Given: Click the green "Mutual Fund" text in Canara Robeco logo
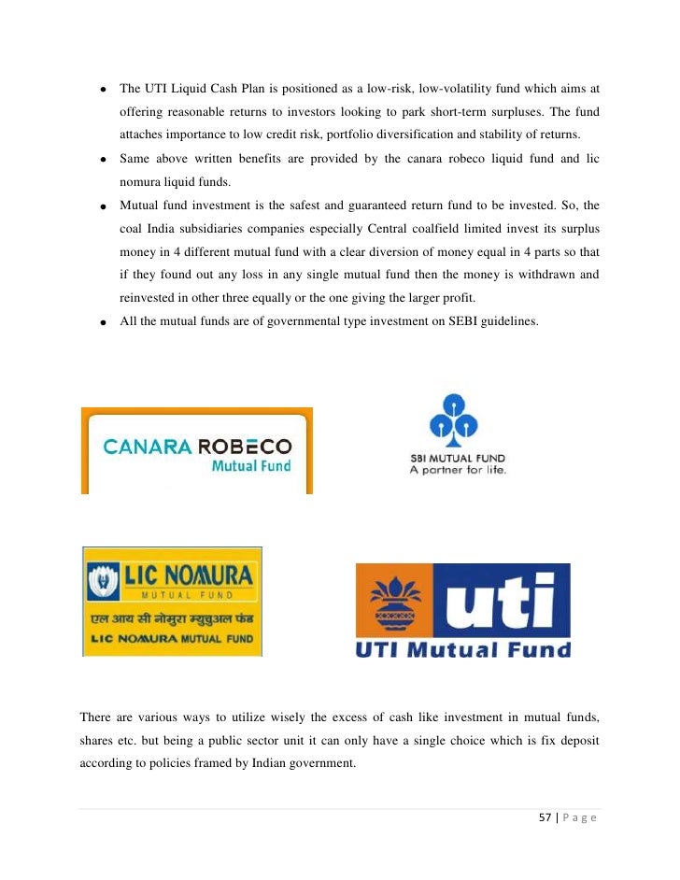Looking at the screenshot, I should coord(251,465).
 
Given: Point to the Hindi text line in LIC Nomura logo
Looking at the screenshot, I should coord(172,620).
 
